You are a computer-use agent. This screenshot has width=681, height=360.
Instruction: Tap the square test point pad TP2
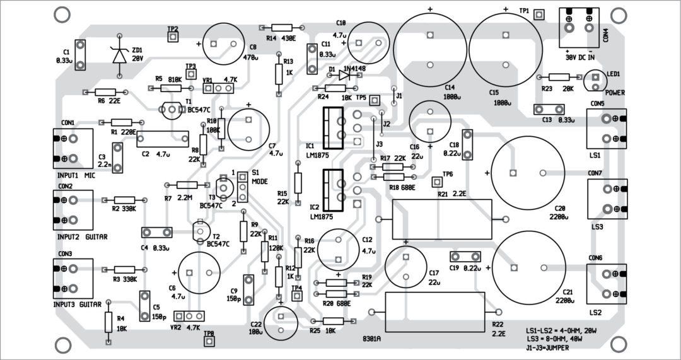click(172, 37)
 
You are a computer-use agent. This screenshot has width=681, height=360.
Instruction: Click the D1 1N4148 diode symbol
click(344, 74)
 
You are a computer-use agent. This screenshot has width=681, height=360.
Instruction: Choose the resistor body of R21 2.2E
click(441, 219)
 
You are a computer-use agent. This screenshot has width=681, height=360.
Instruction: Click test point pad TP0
click(209, 341)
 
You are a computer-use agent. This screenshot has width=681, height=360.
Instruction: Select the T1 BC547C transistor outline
click(172, 110)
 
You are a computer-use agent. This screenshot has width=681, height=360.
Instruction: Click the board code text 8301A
click(371, 339)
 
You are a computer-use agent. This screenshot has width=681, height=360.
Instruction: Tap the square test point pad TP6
click(436, 182)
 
